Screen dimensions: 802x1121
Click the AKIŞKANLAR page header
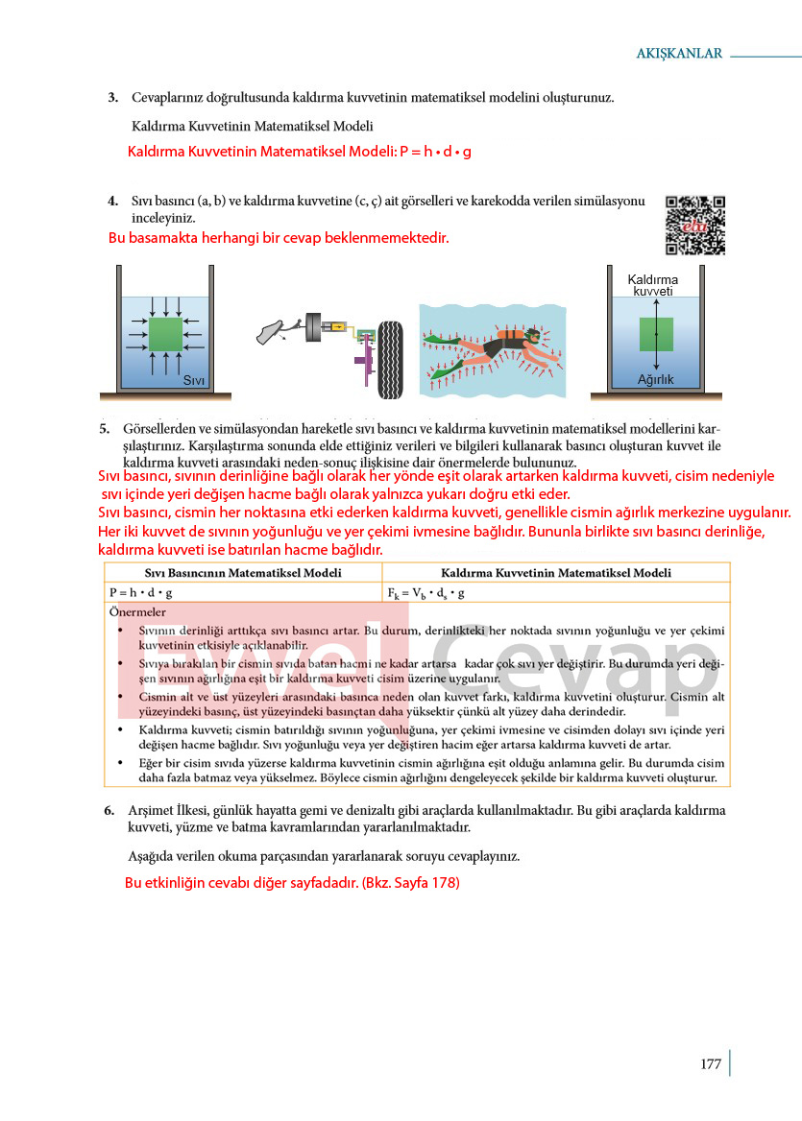pos(679,53)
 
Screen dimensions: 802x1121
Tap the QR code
pos(694,225)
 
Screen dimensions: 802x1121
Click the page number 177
pos(711,1063)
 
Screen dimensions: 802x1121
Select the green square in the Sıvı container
pos(165,335)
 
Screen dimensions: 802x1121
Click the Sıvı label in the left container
pos(193,380)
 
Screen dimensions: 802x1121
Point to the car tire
pos(391,360)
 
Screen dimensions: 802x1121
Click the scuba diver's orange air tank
pos(508,335)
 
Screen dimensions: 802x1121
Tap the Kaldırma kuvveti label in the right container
pos(652,284)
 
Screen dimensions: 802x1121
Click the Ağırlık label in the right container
pos(655,380)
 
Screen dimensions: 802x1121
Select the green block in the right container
pos(656,335)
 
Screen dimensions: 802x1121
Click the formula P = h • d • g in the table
pos(141,593)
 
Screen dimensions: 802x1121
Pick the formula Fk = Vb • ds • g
pos(425,593)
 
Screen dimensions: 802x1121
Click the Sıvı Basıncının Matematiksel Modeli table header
pos(243,573)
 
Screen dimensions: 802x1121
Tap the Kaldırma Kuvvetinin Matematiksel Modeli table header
pos(556,573)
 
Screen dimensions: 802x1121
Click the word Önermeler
pos(137,612)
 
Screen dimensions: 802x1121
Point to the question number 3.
pos(113,97)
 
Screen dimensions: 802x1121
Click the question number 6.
pos(109,810)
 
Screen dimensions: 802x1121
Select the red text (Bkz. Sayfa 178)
pos(411,882)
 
